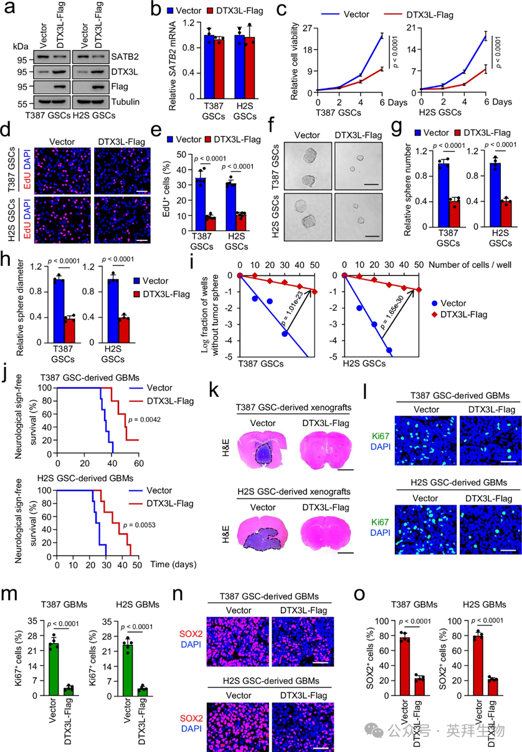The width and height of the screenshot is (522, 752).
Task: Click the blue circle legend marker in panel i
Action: click(434, 302)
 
